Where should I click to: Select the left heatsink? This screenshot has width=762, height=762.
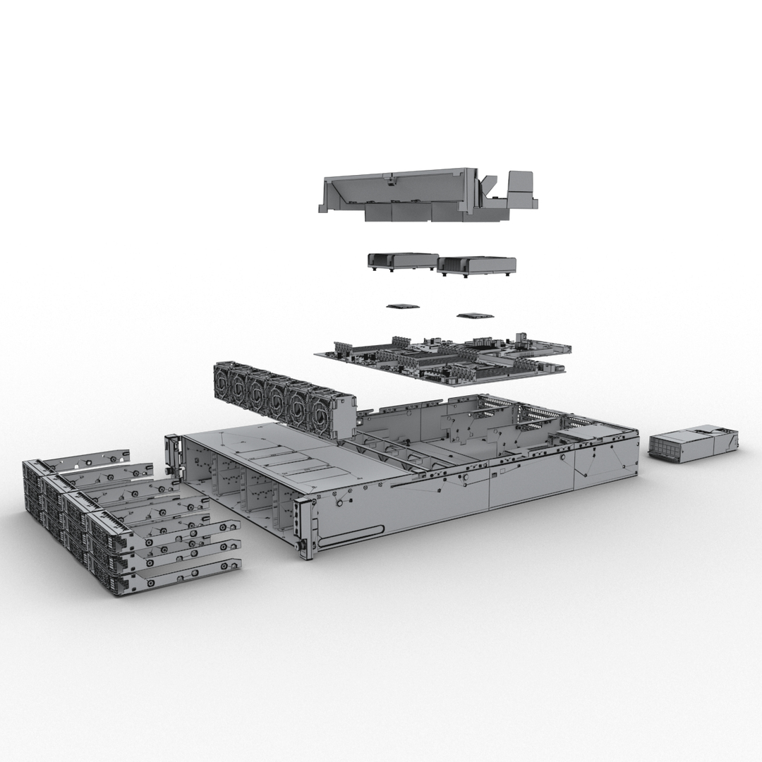(402, 260)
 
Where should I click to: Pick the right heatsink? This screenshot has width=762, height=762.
(476, 265)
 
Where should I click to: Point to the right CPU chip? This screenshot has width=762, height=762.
(472, 316)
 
